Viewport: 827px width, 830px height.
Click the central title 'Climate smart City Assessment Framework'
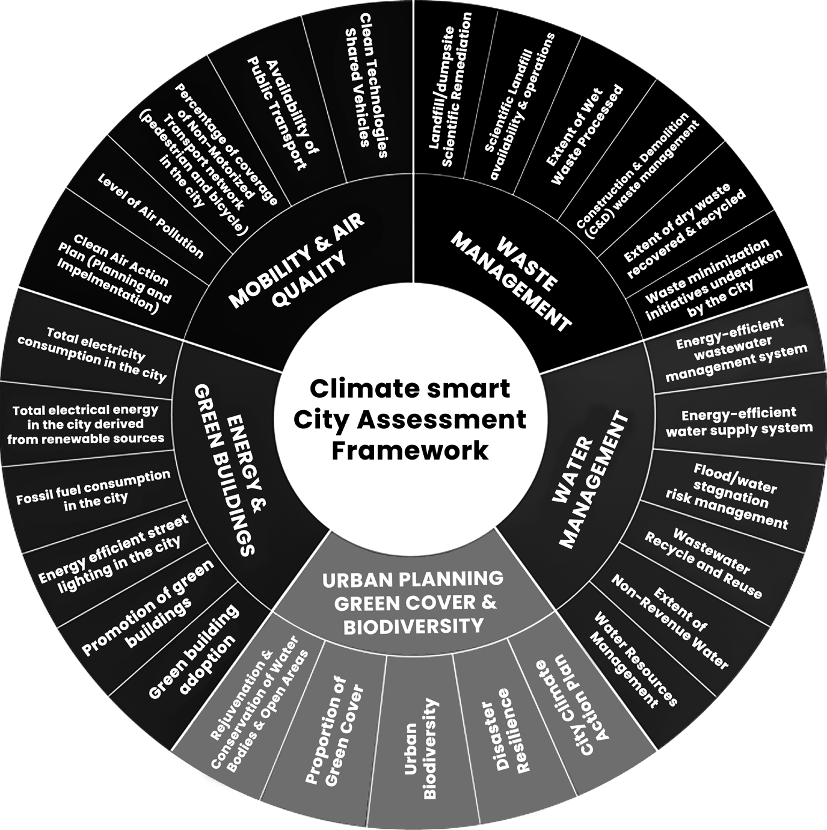click(410, 420)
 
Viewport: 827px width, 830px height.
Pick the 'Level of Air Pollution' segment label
click(150, 215)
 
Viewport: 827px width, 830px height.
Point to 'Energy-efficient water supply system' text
click(739, 422)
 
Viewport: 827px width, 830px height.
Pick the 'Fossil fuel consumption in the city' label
click(93, 490)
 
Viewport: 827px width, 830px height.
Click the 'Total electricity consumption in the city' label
click(92, 355)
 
